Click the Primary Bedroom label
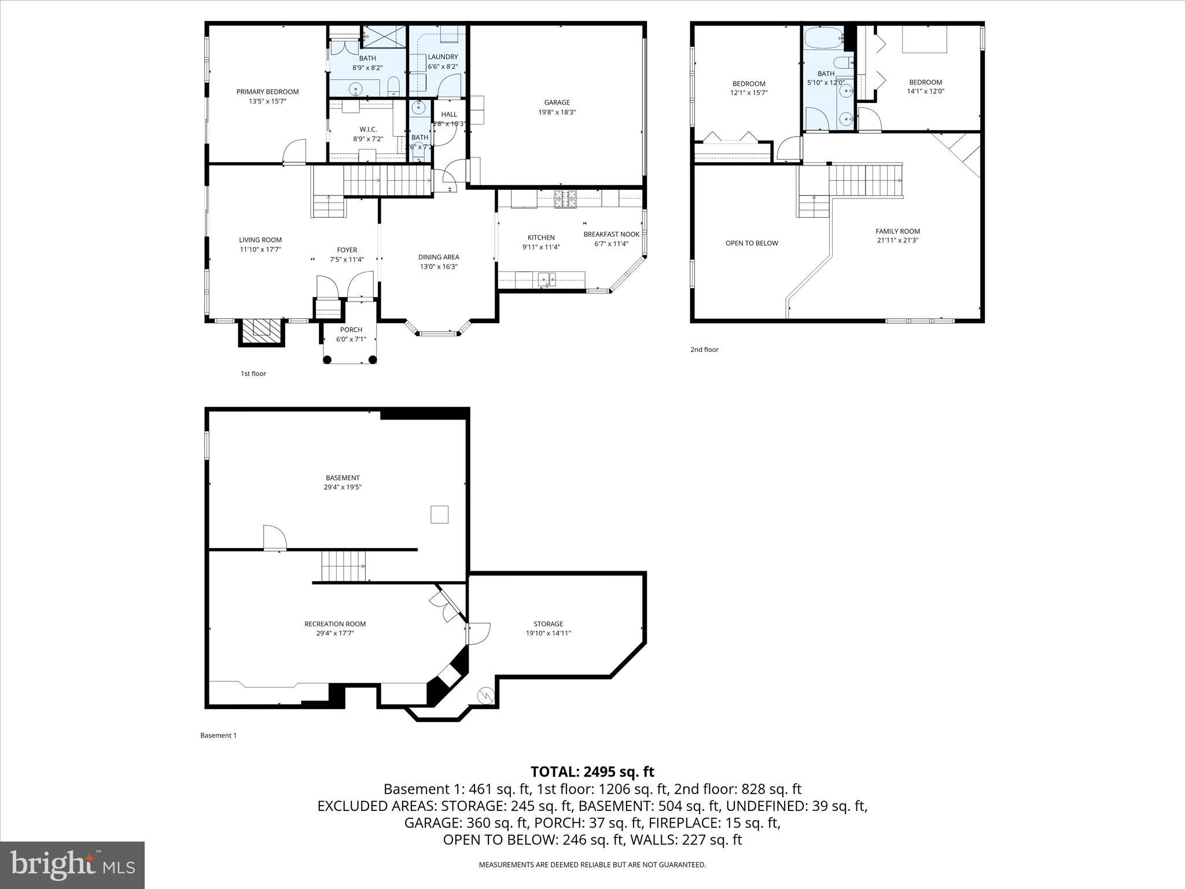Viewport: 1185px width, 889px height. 267,91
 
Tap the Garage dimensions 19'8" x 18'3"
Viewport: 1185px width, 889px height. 557,112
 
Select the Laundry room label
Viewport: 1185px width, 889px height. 443,57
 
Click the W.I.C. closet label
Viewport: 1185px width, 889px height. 368,129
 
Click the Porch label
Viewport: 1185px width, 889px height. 351,330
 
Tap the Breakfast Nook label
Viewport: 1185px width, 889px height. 611,234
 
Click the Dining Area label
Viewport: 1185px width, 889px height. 439,257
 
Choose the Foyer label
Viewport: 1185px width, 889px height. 347,250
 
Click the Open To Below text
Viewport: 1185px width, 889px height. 752,243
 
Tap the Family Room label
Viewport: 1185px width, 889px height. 897,231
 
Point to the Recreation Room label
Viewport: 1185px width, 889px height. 335,624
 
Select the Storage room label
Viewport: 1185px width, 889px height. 548,624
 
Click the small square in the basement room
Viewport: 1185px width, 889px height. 439,515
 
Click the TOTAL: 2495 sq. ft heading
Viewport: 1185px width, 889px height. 592,772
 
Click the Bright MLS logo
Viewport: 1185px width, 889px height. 72,865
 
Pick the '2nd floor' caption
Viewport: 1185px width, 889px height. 704,350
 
